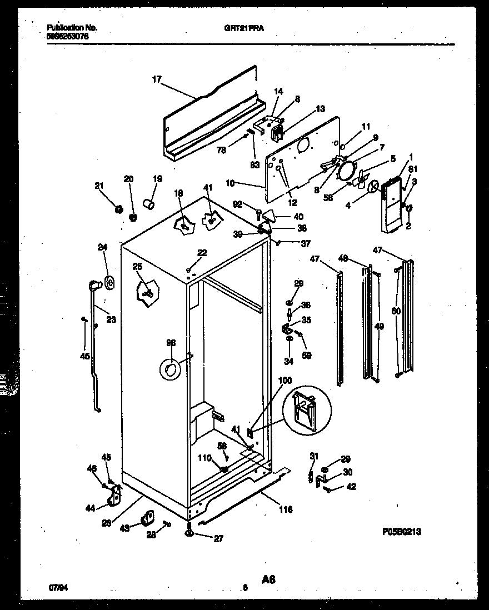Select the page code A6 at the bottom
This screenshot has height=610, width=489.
(268, 579)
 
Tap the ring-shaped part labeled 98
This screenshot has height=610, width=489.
(171, 369)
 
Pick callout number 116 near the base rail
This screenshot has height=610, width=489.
(286, 508)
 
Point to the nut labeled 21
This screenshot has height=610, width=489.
(118, 209)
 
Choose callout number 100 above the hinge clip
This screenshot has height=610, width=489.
(285, 381)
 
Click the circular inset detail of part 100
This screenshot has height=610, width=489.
(303, 409)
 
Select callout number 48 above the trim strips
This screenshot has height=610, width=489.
(343, 258)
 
